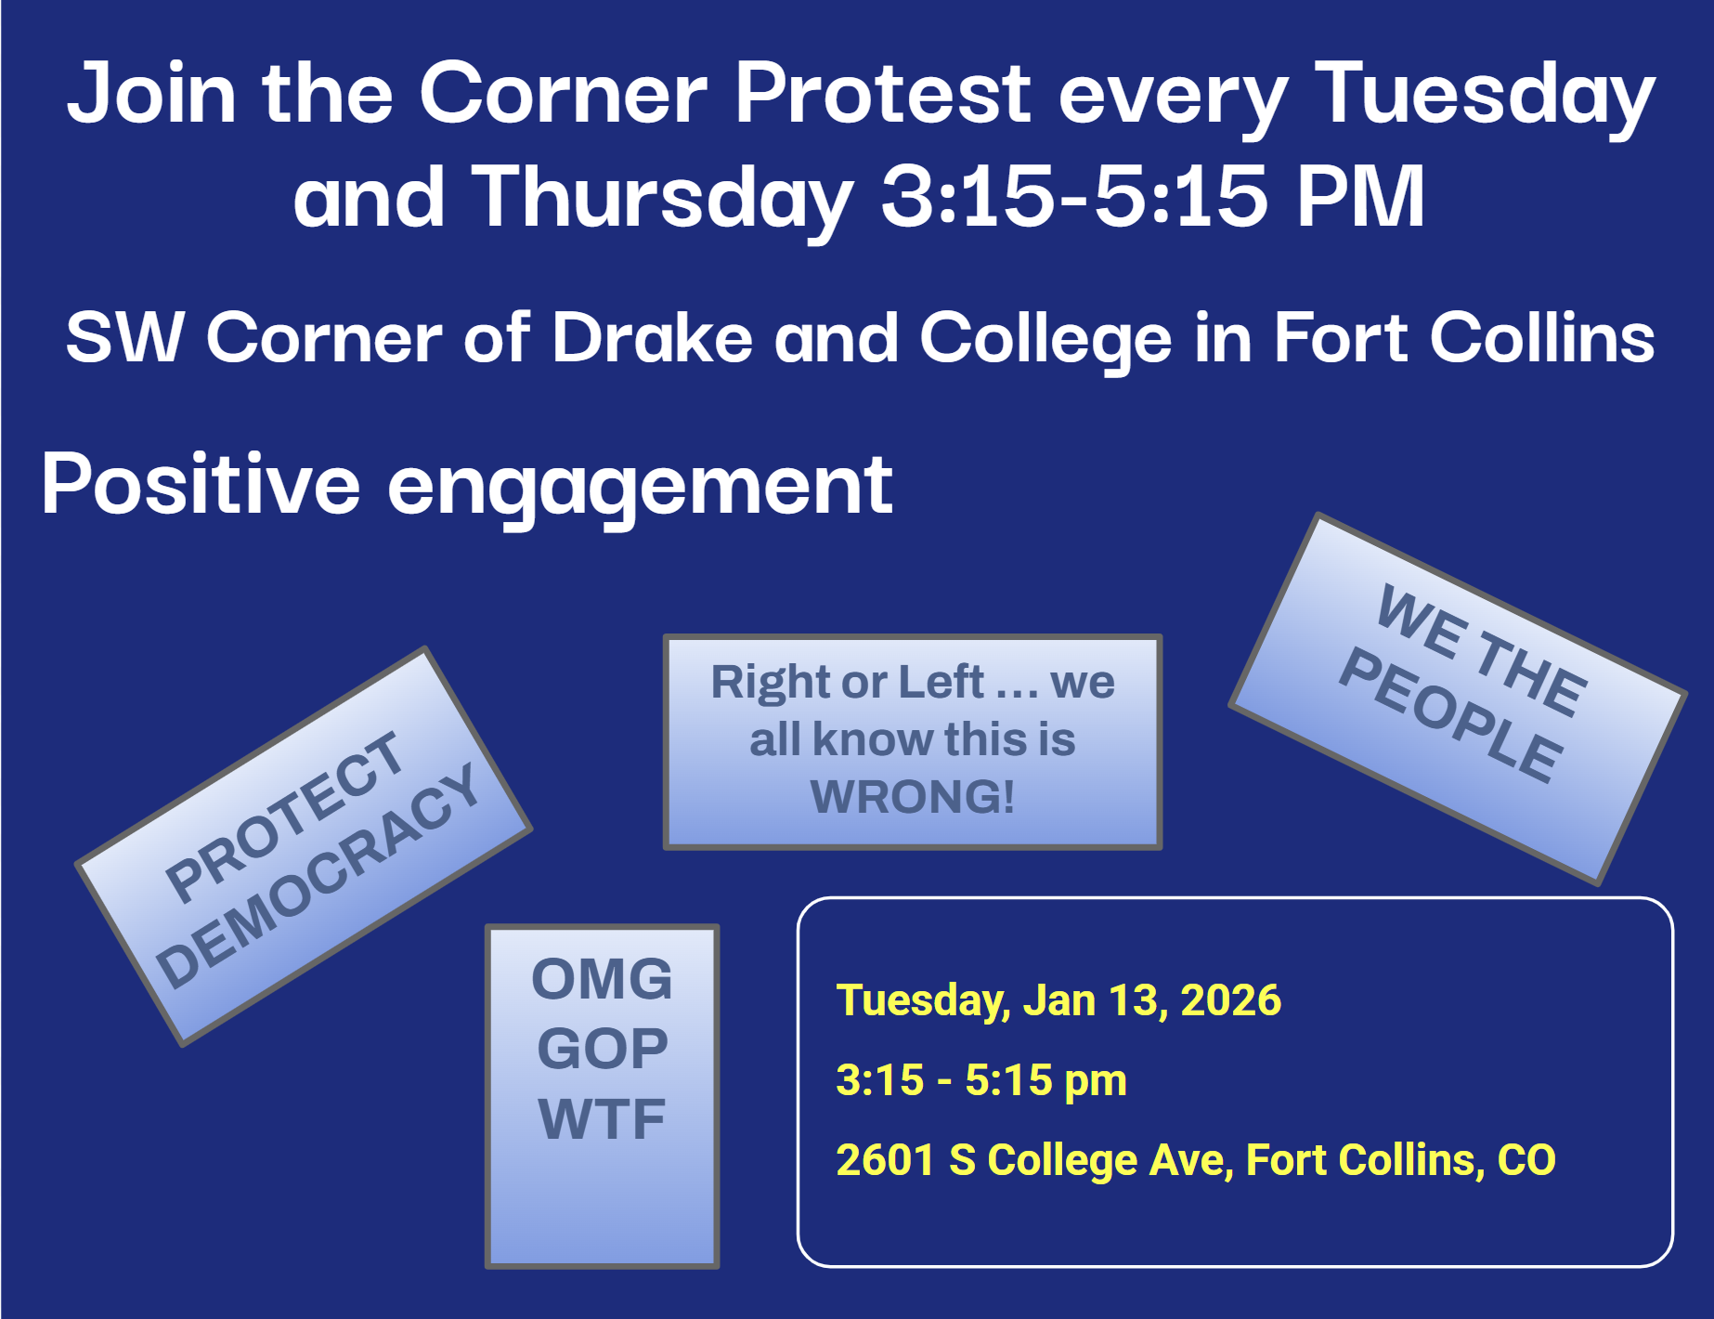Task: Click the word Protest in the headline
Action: (883, 93)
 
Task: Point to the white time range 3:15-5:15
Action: (1074, 196)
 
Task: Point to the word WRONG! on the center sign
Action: (913, 797)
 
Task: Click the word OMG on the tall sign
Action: (602, 979)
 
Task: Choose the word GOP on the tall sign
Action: (603, 1049)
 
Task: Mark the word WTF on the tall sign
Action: (602, 1119)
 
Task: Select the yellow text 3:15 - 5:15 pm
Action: (981, 1080)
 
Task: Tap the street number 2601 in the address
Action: (885, 1160)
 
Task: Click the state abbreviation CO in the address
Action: (1526, 1160)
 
